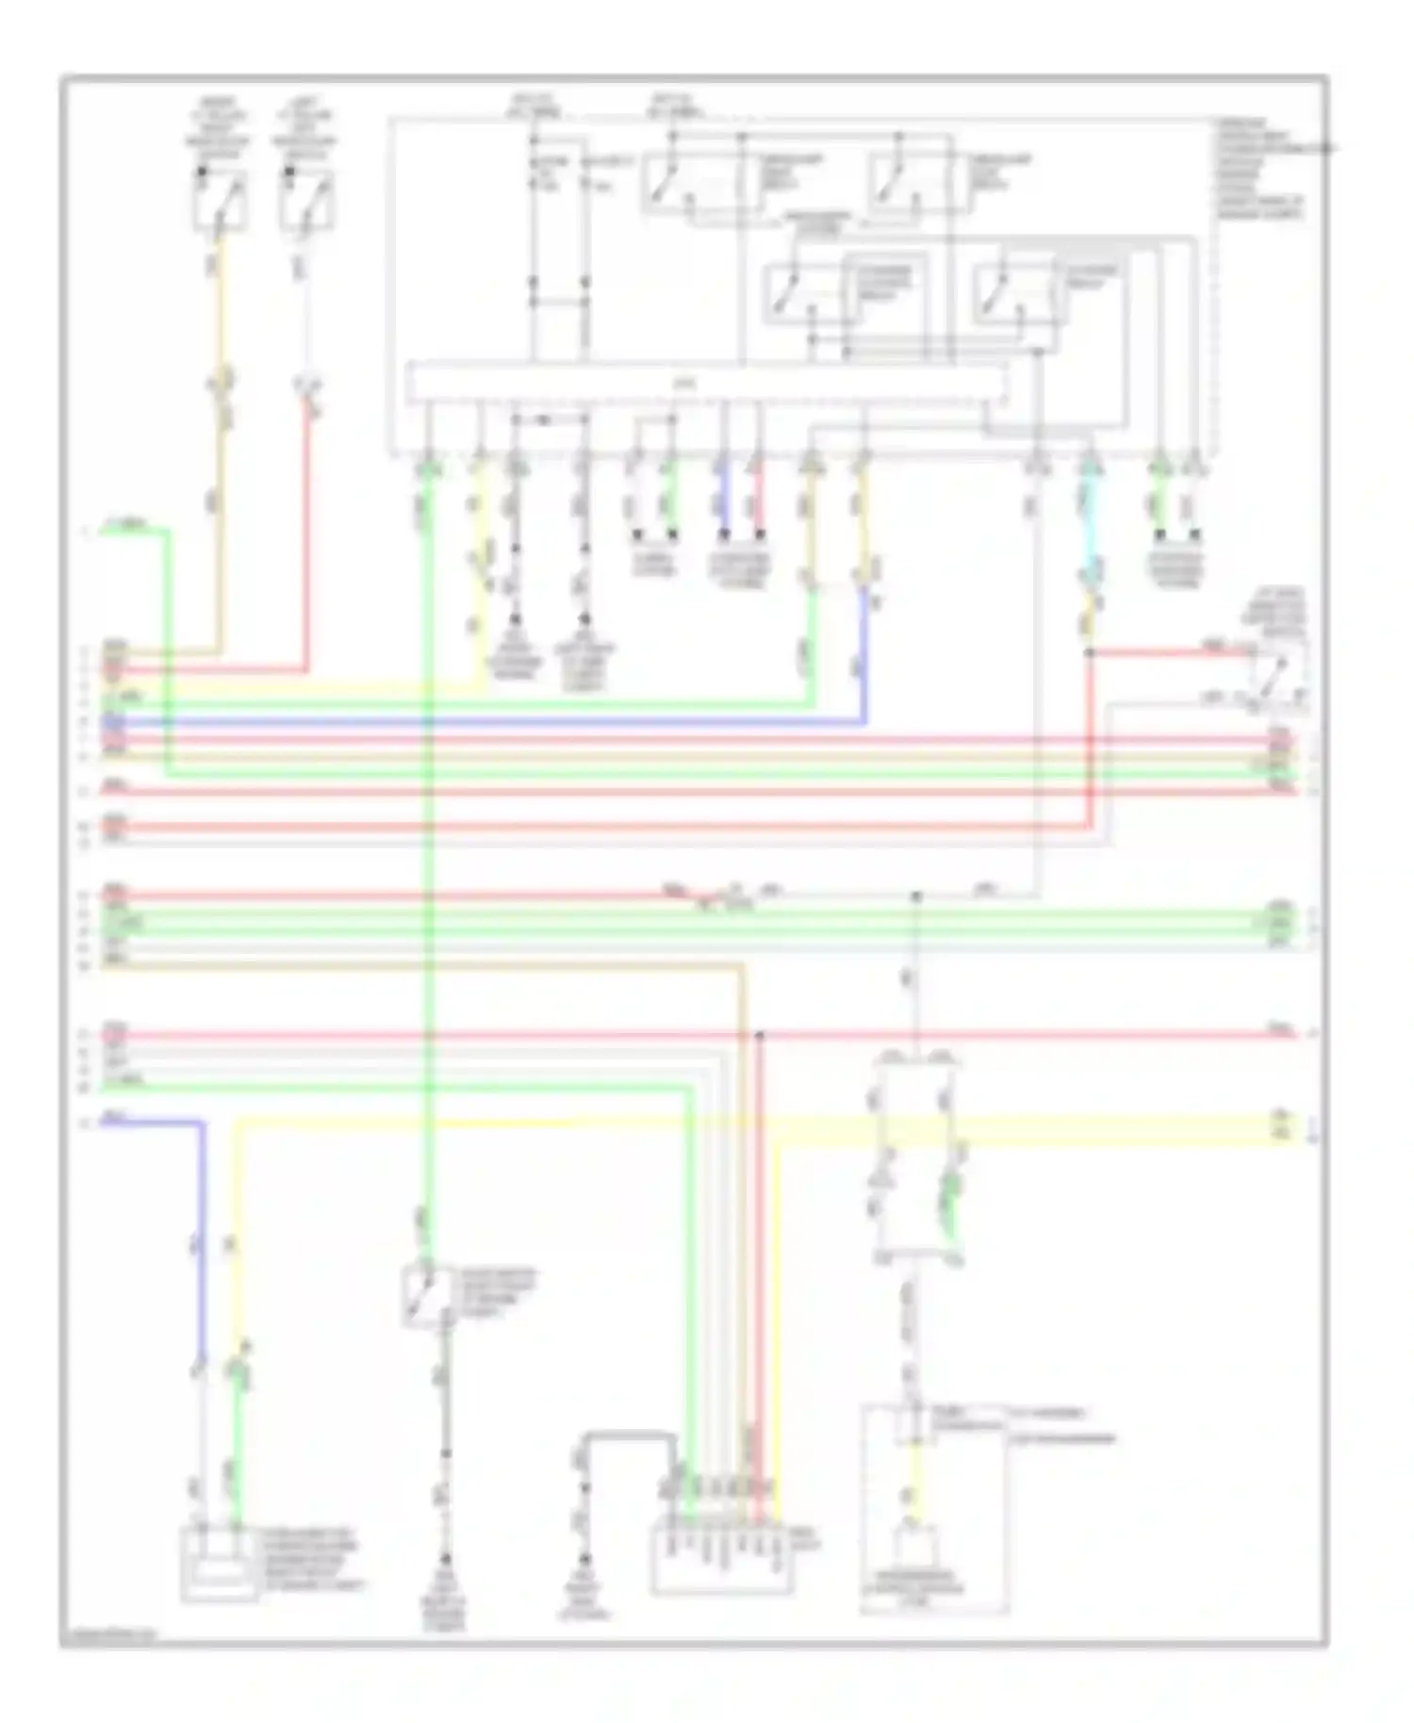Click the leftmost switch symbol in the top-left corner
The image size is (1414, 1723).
220,200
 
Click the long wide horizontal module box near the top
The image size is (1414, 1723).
705,385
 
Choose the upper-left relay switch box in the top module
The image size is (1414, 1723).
695,182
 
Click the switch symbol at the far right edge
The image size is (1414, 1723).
1278,673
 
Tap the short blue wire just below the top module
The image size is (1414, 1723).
723,500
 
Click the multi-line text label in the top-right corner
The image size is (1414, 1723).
1263,170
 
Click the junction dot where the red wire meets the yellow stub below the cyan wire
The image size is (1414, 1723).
1090,652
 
